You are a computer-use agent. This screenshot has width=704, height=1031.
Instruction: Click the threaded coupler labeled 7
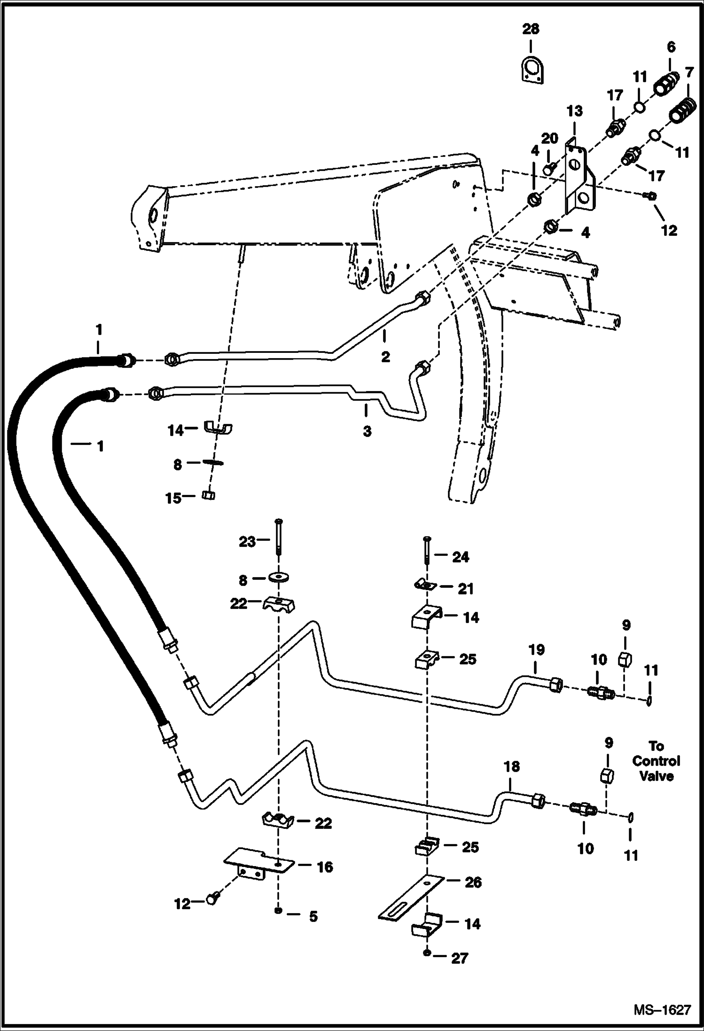[x=681, y=111]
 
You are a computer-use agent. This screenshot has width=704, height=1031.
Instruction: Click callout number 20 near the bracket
[x=549, y=139]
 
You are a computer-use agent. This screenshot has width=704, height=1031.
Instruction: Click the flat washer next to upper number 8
[x=213, y=462]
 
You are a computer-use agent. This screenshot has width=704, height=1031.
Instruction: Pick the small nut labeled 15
[x=208, y=495]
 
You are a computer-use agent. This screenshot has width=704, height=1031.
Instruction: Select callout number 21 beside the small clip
[x=466, y=588]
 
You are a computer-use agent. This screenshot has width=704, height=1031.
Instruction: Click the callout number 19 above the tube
[x=536, y=650]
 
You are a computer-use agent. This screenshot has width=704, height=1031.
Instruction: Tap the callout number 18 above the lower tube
[x=512, y=767]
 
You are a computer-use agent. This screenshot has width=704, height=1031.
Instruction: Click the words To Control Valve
[x=656, y=761]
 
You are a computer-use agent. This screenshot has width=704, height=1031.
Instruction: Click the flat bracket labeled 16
[x=258, y=863]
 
